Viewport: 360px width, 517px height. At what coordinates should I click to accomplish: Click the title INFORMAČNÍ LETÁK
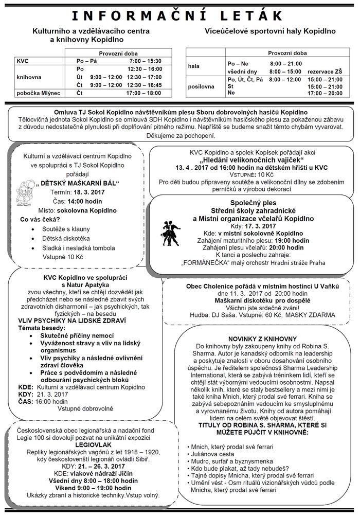point(180,15)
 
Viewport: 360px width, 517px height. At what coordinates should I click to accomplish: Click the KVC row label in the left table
point(23,61)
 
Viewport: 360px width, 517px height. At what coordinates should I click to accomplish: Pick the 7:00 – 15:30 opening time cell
point(145,61)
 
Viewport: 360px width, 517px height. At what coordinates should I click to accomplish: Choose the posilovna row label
point(201,86)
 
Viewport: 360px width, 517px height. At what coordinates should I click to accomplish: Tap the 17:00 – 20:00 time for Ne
point(325,94)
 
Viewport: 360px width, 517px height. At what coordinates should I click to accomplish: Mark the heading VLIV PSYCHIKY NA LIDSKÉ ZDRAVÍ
point(66,319)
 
